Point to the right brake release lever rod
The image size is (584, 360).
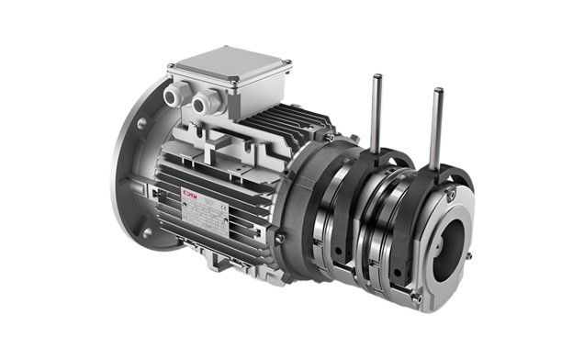click(438, 115)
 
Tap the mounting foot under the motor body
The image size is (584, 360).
click(230, 268)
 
